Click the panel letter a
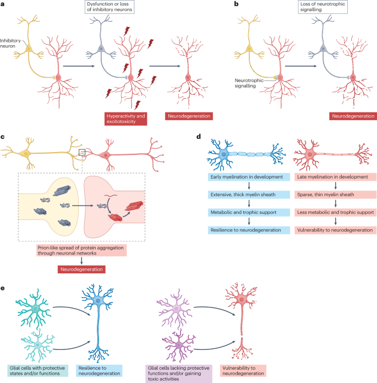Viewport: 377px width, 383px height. (x=4, y=4)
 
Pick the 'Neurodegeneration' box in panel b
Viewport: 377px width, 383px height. (x=353, y=116)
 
